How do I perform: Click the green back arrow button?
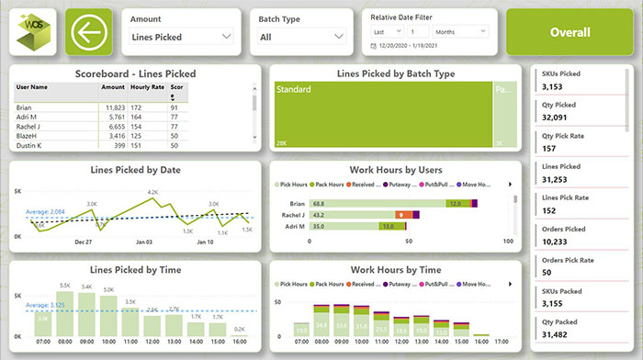(89, 33)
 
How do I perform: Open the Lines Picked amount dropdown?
(181, 38)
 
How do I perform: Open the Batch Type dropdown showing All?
(301, 38)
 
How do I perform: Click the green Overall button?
(570, 32)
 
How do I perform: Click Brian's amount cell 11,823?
(112, 108)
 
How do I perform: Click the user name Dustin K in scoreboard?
(34, 145)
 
